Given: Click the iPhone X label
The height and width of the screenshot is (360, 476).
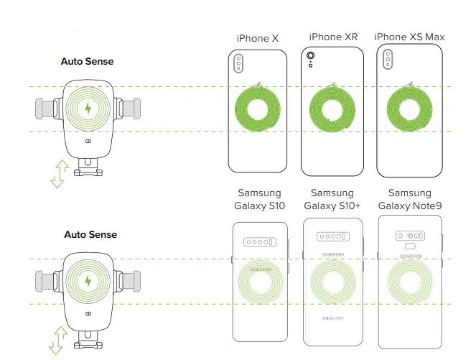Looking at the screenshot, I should click(257, 38).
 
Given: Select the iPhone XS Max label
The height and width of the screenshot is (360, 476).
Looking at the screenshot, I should click(409, 37).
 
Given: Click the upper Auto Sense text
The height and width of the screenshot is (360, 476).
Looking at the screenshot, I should click(87, 62).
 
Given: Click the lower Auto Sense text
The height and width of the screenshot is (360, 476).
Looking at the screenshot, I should click(90, 234).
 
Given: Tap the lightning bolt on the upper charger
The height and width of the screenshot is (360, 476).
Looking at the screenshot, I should click(88, 109).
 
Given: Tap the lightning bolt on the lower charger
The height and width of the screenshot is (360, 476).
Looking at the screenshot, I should click(88, 280).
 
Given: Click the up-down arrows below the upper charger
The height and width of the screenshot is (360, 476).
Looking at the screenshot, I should click(59, 173).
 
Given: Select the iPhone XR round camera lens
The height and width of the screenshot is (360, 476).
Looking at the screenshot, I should click(311, 55).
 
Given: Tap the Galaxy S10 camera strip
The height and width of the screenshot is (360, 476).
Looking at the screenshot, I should click(260, 243).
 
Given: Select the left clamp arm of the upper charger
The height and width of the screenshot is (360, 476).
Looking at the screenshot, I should click(47, 109).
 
